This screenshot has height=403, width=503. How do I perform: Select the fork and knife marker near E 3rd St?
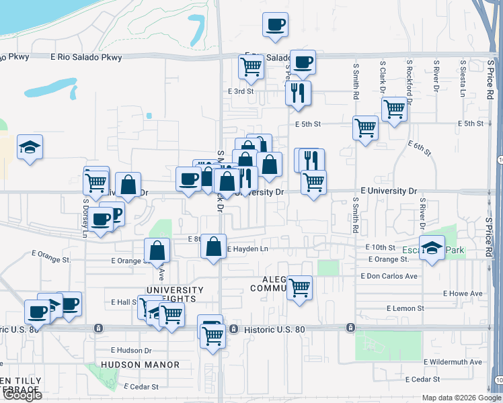298,93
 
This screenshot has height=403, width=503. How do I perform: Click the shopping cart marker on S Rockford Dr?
394,108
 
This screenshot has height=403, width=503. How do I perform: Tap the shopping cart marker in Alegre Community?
299,288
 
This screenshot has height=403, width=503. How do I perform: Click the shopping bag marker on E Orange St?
157,251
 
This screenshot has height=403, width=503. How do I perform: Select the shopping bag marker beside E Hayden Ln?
213,246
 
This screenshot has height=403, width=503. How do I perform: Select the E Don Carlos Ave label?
389,276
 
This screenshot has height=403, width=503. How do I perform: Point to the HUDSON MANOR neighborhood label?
141,365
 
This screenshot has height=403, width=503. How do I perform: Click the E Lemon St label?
405,308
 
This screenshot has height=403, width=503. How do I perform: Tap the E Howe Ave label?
463,294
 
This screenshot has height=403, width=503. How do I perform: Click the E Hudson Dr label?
131,351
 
